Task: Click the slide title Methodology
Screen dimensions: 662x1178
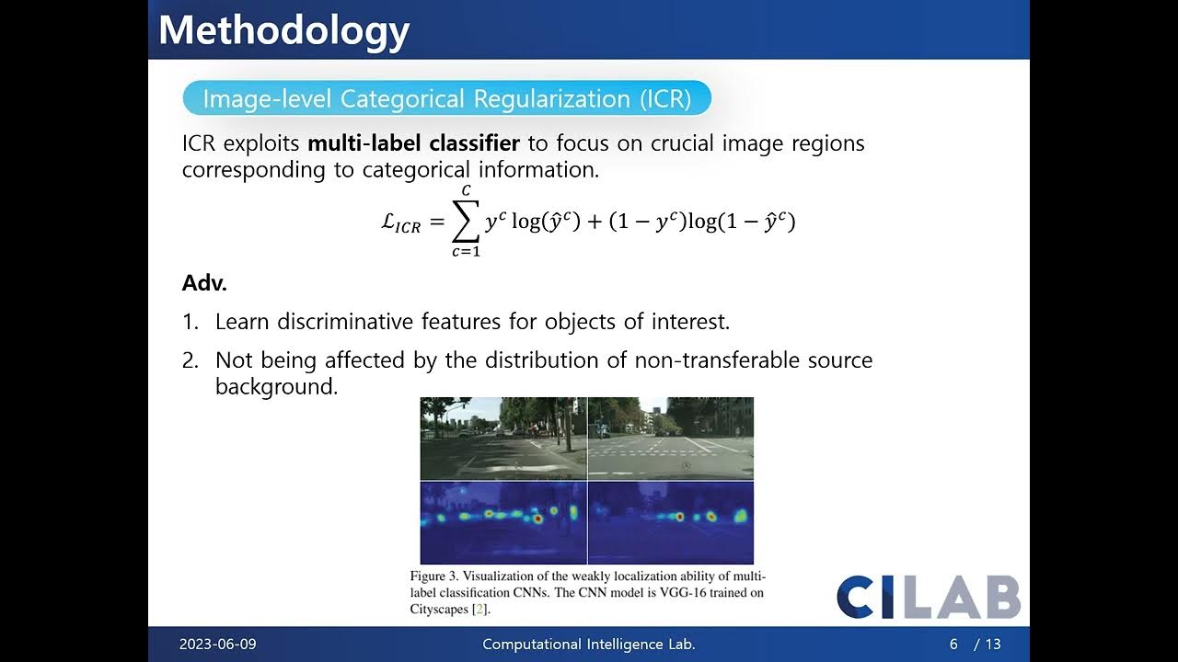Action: coord(283,30)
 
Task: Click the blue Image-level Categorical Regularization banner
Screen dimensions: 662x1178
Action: coord(446,98)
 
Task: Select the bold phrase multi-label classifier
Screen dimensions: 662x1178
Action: coord(413,143)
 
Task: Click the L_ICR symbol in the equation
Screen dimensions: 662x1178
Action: coord(401,224)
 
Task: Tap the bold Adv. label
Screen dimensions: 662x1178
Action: coord(204,283)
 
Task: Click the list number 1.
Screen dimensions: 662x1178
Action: coord(190,322)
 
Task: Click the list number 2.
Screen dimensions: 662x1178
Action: coord(190,360)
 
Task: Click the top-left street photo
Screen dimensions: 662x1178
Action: coord(502,439)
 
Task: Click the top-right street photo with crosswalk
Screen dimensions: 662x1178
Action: coord(671,439)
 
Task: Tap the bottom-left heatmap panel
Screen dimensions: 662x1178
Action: coord(502,522)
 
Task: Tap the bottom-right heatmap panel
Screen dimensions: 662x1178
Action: coord(671,522)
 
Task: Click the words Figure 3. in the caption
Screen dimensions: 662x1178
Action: coord(434,576)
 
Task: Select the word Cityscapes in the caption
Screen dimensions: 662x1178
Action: coord(438,609)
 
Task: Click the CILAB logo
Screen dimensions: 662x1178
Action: coord(928,598)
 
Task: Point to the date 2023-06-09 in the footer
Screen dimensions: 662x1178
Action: coord(217,645)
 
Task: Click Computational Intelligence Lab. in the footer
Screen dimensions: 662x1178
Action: coord(589,645)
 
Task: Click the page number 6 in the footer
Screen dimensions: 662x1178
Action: coord(953,645)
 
